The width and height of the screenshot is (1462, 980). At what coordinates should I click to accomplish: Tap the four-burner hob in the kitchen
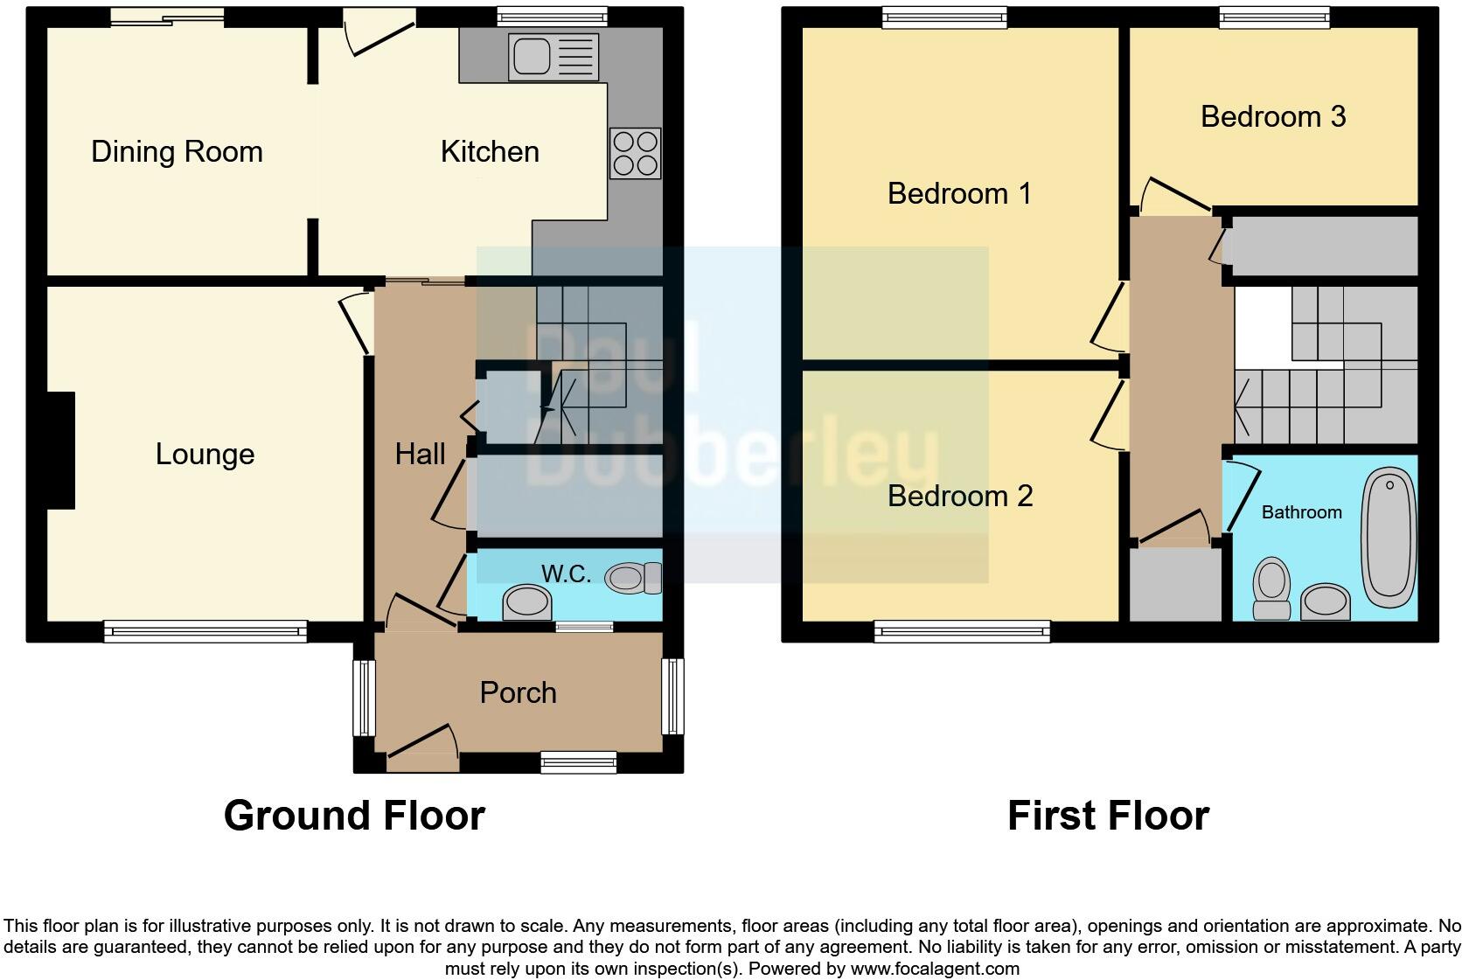pyautogui.click(x=636, y=153)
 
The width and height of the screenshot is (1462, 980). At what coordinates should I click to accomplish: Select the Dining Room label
pyautogui.click(x=177, y=152)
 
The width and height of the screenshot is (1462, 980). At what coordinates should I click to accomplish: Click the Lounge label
pyautogui.click(x=205, y=455)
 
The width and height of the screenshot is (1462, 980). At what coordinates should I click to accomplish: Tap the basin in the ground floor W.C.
pyautogui.click(x=527, y=601)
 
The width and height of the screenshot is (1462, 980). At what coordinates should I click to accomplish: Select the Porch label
pyautogui.click(x=518, y=692)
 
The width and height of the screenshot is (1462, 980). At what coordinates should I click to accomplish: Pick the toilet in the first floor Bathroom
pyautogui.click(x=1272, y=590)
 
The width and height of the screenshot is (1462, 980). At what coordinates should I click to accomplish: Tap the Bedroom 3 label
pyautogui.click(x=1272, y=116)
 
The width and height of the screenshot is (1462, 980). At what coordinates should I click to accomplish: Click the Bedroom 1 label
pyautogui.click(x=959, y=193)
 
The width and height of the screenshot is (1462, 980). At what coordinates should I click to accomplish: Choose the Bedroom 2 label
pyautogui.click(x=959, y=496)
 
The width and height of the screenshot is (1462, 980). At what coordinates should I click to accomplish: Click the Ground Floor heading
pyautogui.click(x=354, y=816)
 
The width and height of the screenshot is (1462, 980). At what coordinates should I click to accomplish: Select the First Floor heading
pyautogui.click(x=1108, y=816)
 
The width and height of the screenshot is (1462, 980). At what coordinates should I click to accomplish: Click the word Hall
pyautogui.click(x=420, y=455)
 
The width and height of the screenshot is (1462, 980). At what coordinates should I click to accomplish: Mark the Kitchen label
pyautogui.click(x=490, y=152)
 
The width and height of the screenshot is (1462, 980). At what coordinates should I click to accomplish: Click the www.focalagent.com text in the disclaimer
pyautogui.click(x=934, y=969)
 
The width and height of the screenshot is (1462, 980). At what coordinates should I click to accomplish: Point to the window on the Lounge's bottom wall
pyautogui.click(x=205, y=631)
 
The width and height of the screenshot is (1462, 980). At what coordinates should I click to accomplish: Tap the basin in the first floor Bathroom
pyautogui.click(x=1326, y=601)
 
